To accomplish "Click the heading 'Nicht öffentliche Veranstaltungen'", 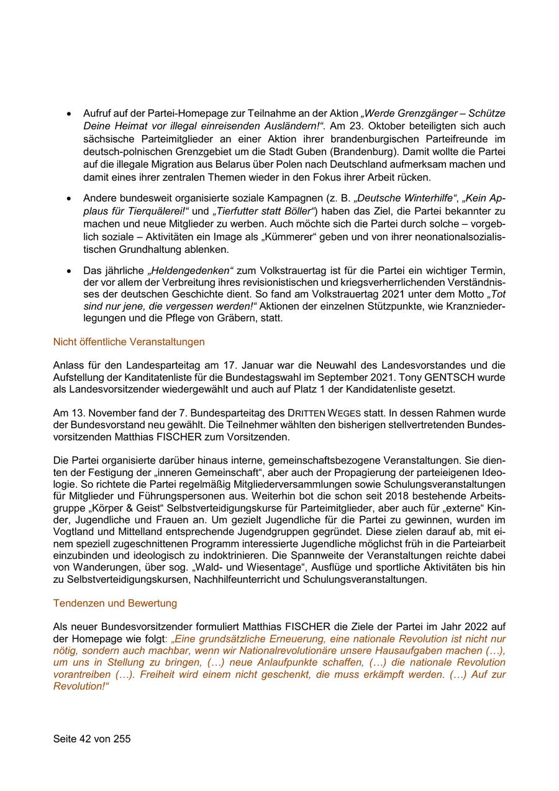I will [x=129, y=342].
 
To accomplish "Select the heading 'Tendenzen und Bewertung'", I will [x=115, y=603].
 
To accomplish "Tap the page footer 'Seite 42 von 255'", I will [x=92, y=739].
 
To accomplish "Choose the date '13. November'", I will [x=101, y=413].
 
